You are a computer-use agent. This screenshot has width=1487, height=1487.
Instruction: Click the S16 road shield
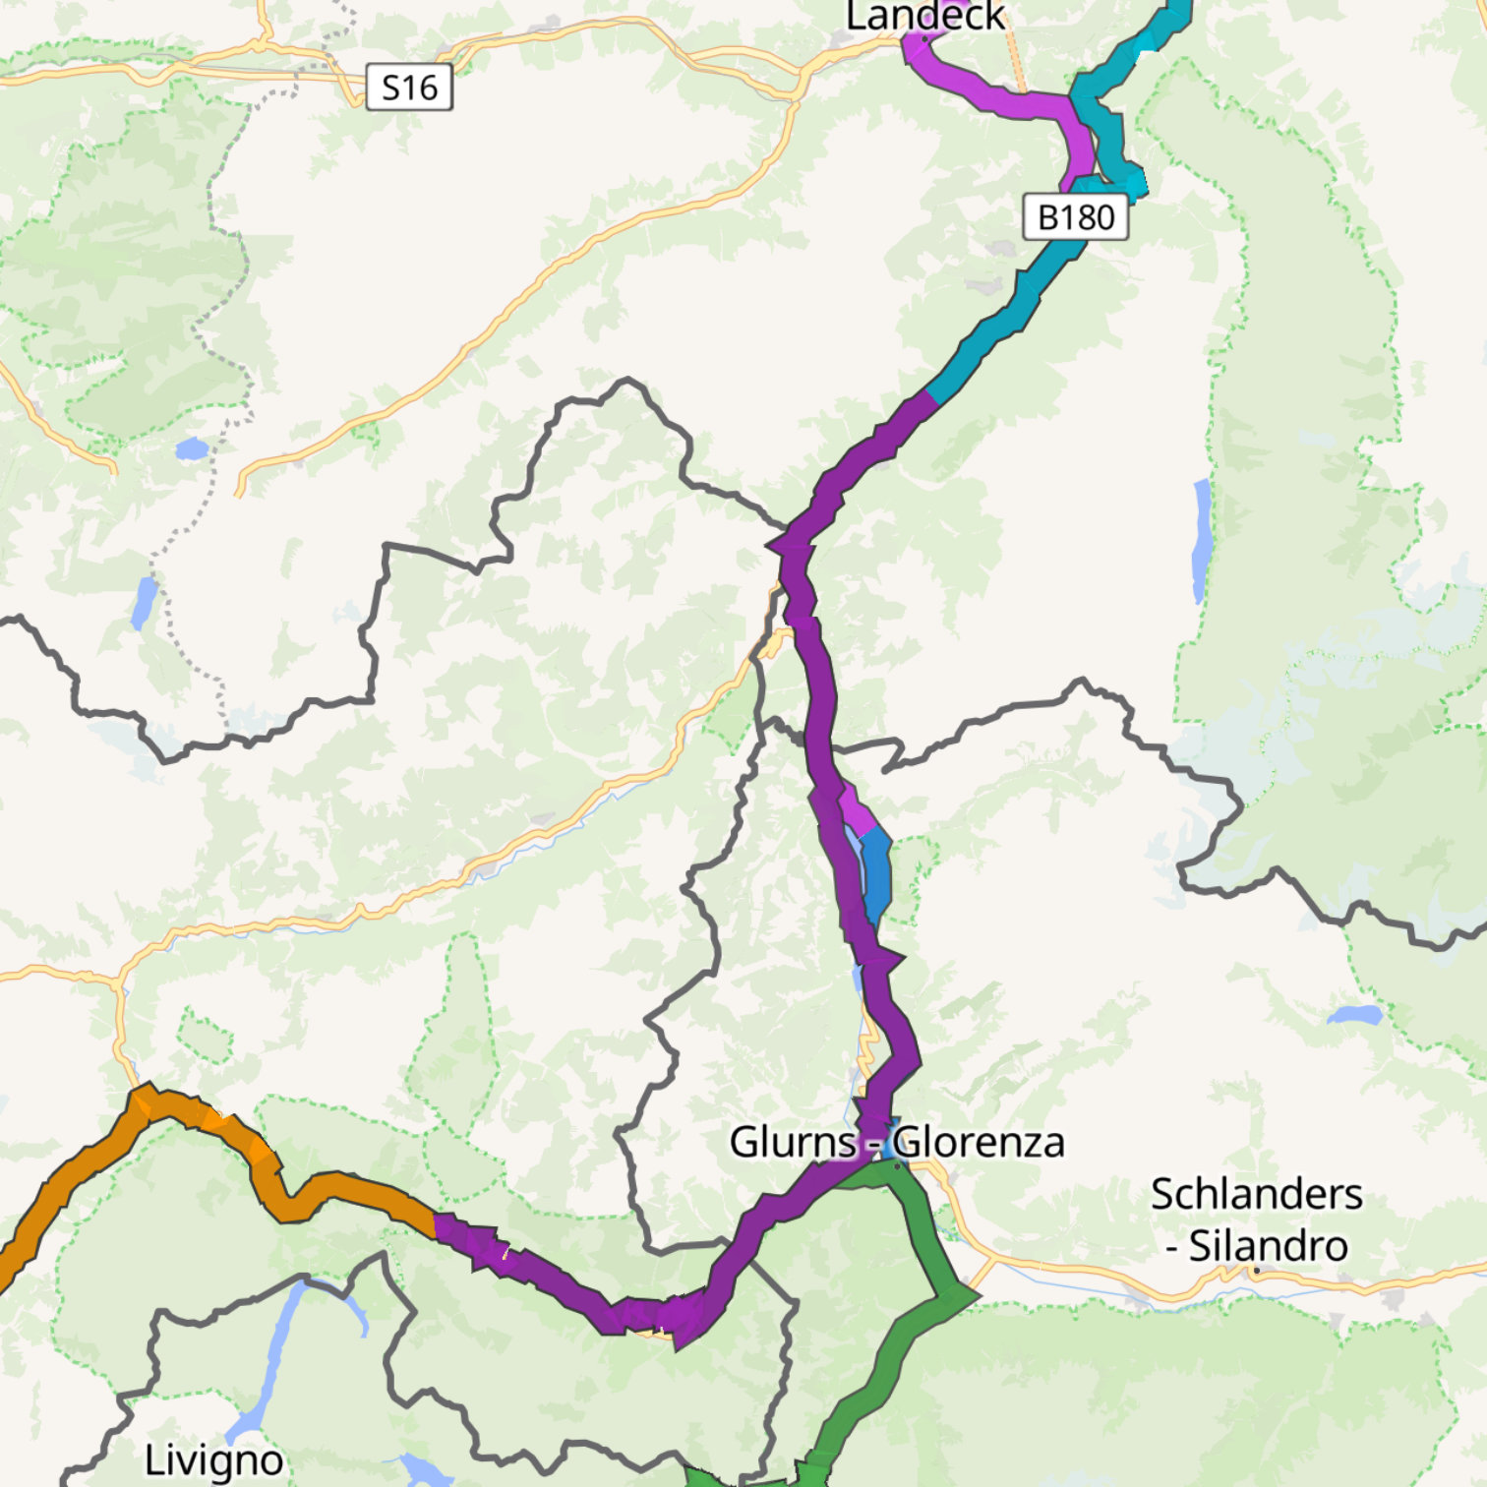409,88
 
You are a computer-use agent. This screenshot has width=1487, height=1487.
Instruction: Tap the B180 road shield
1075,216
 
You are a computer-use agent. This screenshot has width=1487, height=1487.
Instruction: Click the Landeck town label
924,16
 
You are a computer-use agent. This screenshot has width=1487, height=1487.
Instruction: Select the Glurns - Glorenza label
896,1142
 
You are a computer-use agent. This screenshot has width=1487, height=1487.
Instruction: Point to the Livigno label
213,1460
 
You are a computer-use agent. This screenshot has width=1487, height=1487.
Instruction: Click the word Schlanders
1256,1194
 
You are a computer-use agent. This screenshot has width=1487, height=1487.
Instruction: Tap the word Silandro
1268,1246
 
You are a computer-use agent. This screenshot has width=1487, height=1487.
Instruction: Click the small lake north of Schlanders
1355,1014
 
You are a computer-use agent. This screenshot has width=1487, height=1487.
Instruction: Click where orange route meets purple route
434,1225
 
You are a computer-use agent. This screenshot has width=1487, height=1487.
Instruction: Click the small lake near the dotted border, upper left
192,449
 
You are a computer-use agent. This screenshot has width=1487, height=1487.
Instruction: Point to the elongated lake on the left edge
144,602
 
